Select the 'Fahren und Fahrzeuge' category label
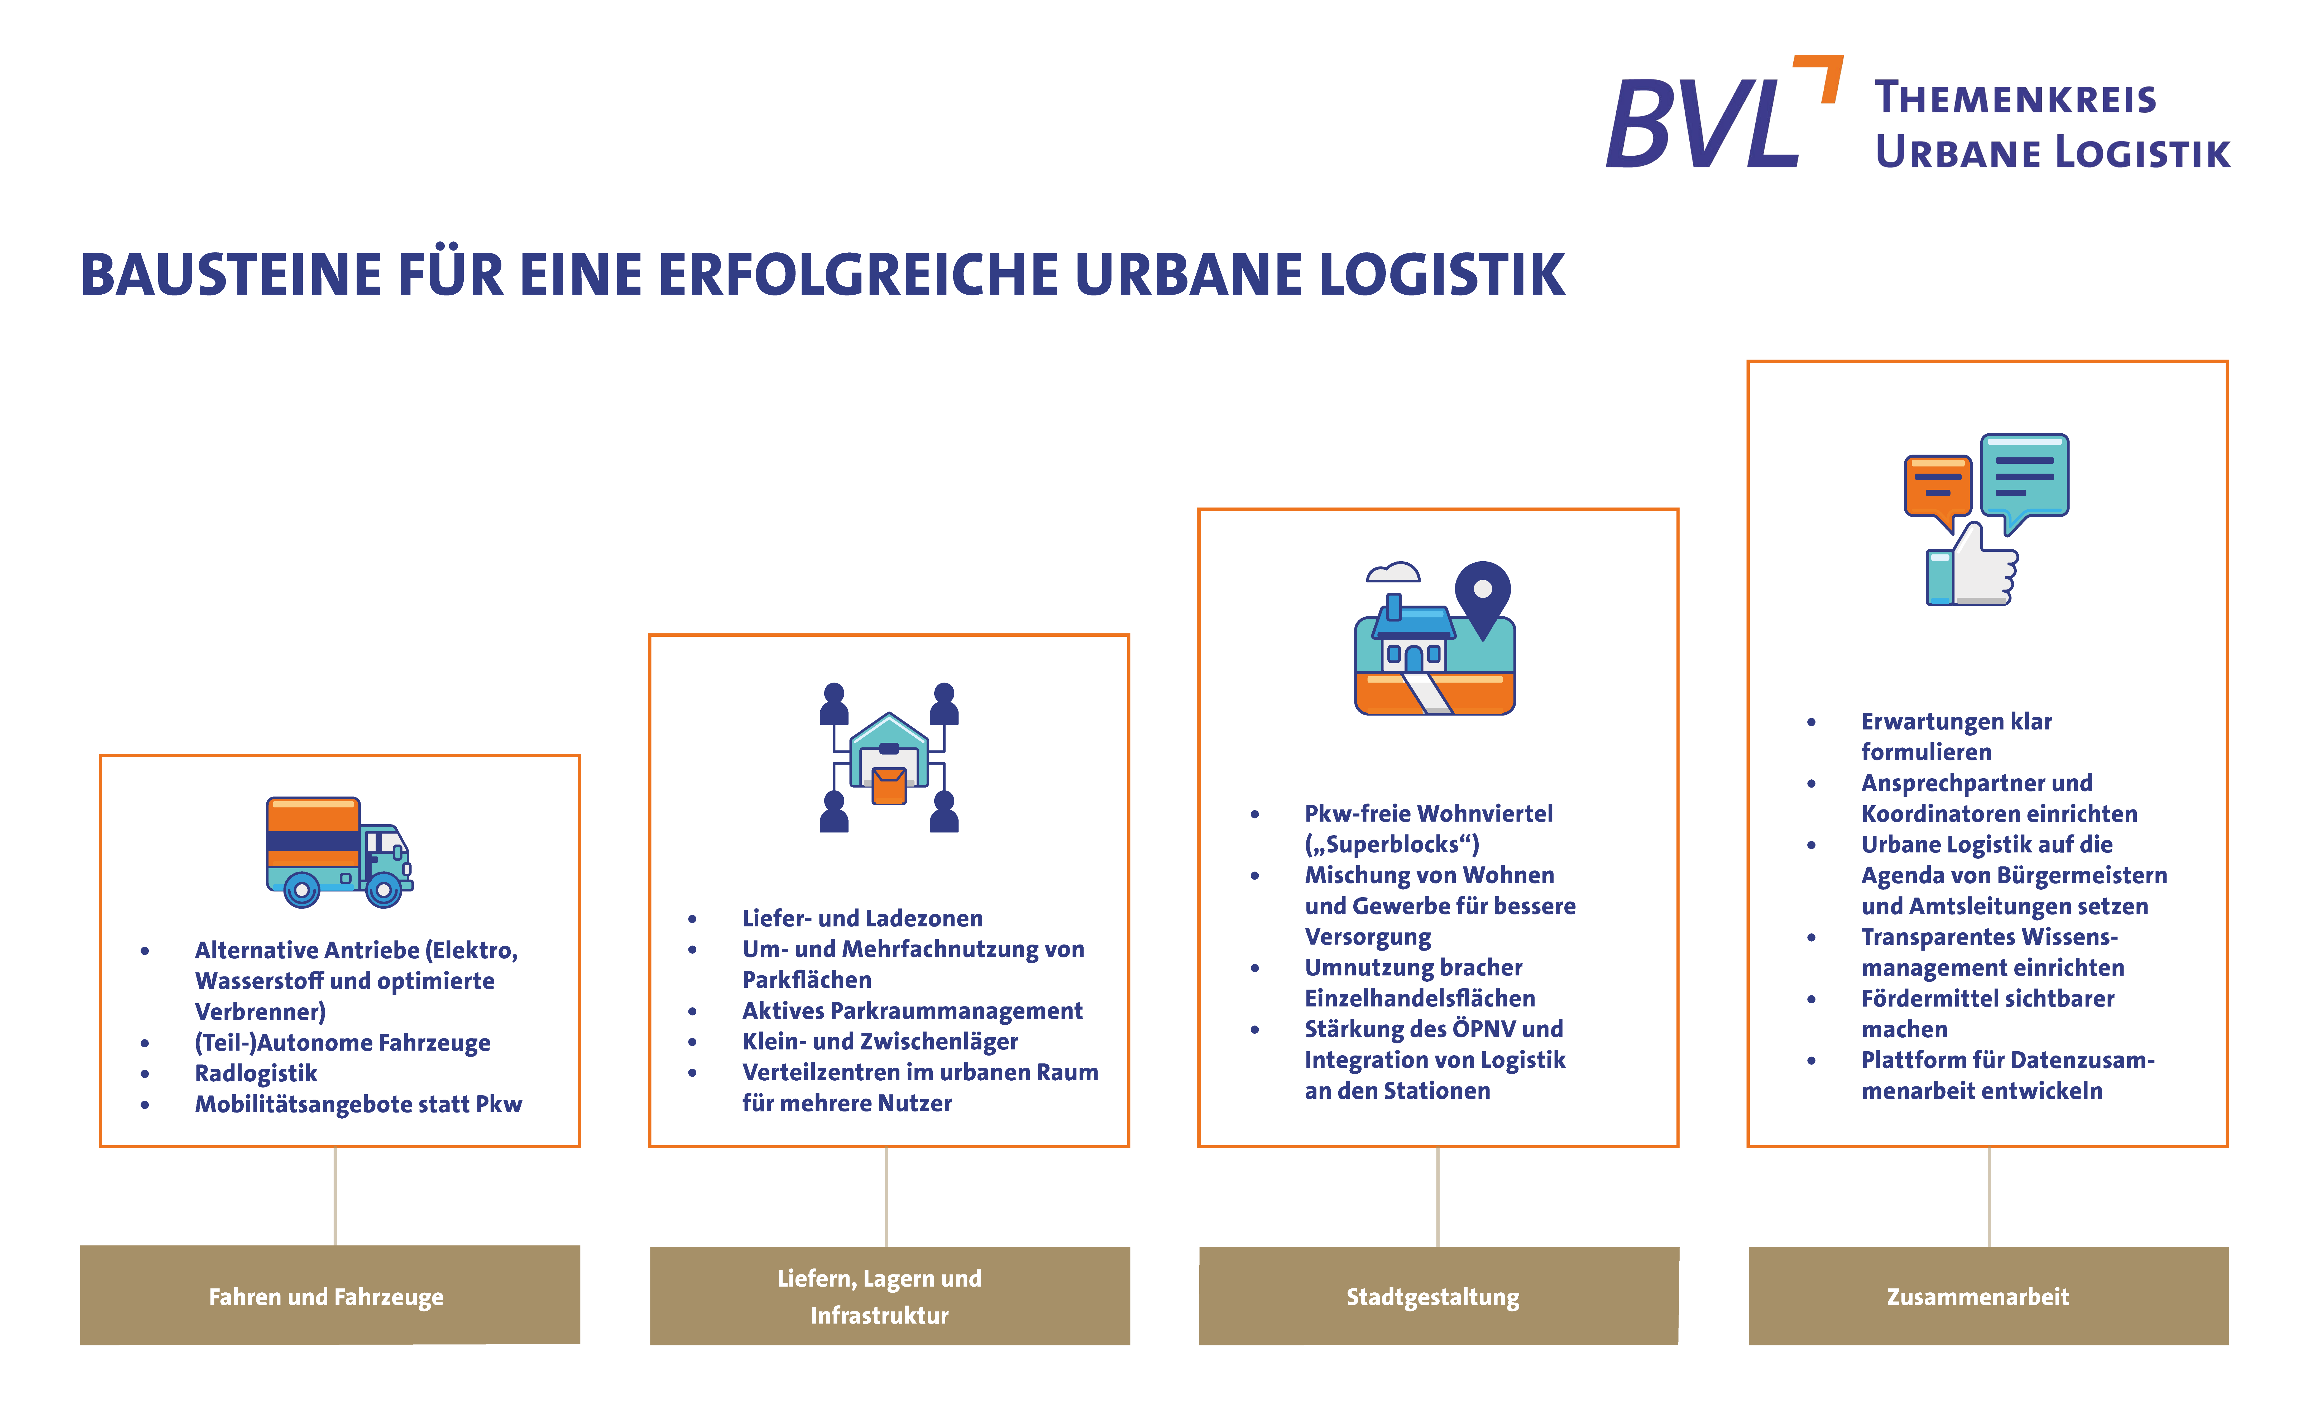coord(326,1297)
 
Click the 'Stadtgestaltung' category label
coord(1433,1297)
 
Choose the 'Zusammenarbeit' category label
coord(1978,1297)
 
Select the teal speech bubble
coord(2024,476)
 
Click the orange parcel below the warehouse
coord(888,785)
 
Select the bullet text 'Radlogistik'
coord(256,1073)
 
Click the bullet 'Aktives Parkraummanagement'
coord(912,1011)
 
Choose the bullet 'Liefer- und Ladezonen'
coord(862,918)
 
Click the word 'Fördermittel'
coord(1927,999)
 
